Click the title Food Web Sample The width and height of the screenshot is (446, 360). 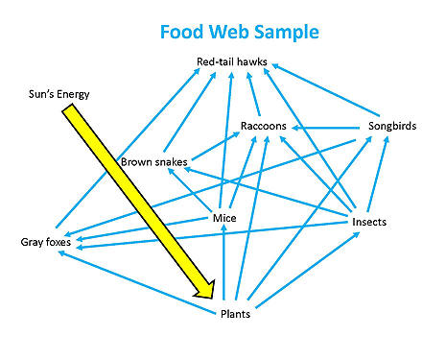[x=240, y=32]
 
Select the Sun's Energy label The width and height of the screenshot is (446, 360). [x=57, y=95]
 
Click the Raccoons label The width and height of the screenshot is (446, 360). [x=263, y=126]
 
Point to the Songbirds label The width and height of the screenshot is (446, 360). [x=392, y=127]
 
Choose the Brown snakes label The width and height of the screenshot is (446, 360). [x=153, y=161]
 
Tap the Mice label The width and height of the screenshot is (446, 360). [x=223, y=218]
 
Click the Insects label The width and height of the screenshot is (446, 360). [x=369, y=222]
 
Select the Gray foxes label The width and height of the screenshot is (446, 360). [x=46, y=242]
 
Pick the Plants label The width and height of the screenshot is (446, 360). [x=235, y=314]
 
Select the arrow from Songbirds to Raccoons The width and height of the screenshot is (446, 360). [x=326, y=127]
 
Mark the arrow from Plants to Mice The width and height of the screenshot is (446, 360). [x=223, y=264]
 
